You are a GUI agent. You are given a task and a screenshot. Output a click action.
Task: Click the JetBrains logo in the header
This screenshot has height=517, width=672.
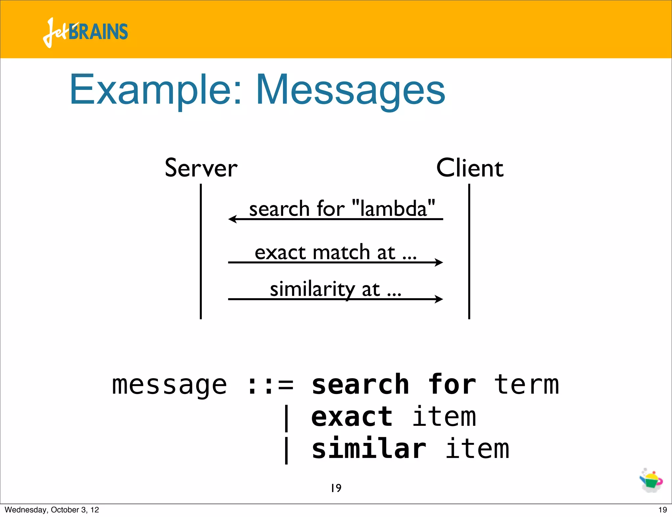[85, 32]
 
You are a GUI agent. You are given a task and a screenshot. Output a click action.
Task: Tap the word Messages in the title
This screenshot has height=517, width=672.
[350, 90]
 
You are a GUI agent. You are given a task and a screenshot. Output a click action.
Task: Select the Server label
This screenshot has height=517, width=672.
[201, 168]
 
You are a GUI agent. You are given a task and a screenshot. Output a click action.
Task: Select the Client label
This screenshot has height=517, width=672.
[470, 168]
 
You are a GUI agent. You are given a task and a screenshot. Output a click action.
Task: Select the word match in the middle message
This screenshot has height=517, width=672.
[341, 253]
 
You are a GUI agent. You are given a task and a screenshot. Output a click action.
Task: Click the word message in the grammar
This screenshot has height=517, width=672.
[169, 385]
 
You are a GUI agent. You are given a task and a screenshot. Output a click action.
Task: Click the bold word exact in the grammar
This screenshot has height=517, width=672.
[351, 417]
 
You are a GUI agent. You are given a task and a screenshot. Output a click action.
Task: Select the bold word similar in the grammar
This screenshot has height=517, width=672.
[368, 449]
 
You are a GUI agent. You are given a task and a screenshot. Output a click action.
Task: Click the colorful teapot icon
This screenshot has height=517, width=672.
[651, 481]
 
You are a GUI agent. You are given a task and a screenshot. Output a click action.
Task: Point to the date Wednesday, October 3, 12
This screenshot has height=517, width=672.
[52, 510]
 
